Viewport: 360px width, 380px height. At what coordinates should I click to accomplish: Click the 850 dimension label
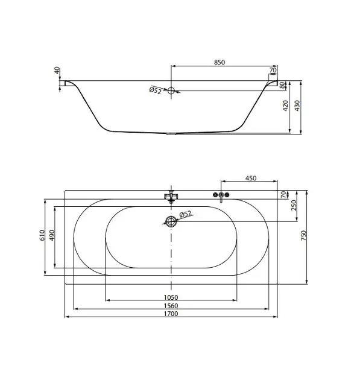[x=219, y=62]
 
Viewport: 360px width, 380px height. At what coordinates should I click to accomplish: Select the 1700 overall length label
[x=171, y=314]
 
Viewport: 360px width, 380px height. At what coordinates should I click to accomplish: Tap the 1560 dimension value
[x=171, y=306]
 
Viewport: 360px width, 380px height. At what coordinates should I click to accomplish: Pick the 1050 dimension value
[x=171, y=297]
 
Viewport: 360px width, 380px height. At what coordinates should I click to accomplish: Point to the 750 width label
[x=303, y=235]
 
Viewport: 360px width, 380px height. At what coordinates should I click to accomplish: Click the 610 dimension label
[x=42, y=235]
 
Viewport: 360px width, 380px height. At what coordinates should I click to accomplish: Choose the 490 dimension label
[x=52, y=235]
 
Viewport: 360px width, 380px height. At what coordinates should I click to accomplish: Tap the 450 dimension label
[x=251, y=178]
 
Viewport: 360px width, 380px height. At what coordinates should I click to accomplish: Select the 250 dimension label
[x=294, y=205]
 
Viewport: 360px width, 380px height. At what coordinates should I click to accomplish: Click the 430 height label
[x=297, y=106]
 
